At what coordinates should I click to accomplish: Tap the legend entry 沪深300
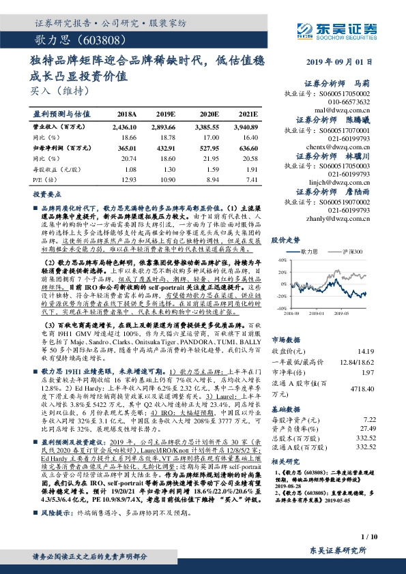point(364,251)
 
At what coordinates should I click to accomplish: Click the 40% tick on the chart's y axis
point(282,260)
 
